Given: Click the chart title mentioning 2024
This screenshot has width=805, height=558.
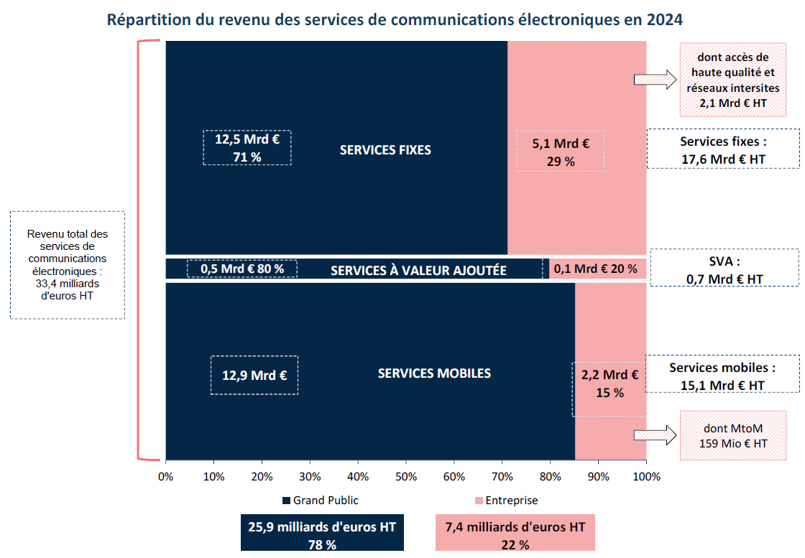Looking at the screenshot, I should [395, 19].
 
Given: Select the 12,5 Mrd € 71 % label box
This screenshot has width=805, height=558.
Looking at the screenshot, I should [247, 148].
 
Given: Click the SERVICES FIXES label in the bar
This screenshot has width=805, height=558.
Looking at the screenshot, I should [385, 150].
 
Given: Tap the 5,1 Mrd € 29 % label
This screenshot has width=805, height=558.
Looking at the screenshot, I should [561, 152].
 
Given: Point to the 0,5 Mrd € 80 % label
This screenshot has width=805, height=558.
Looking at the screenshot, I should [242, 269].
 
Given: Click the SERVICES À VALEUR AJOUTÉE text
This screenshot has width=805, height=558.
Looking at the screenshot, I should [418, 271].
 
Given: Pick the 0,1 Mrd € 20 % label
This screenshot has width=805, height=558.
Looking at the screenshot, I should [595, 269].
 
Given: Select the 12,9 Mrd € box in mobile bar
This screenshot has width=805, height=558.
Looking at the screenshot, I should [254, 375].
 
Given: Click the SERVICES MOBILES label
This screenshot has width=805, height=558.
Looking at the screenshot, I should [434, 373].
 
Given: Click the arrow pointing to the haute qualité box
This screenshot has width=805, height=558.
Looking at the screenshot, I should [655, 80].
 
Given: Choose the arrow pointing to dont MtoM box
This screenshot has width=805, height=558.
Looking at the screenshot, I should [655, 434].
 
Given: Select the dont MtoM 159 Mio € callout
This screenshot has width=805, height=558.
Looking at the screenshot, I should [733, 435].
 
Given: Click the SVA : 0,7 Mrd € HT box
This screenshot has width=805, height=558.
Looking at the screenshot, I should [724, 268].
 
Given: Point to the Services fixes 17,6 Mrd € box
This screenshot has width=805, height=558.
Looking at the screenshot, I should [722, 149].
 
